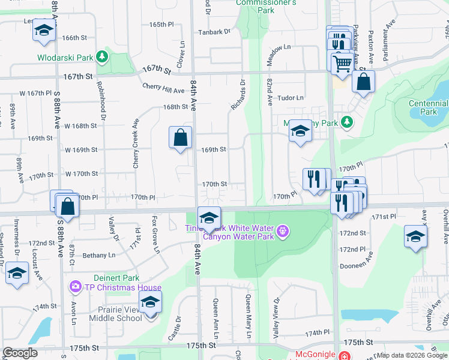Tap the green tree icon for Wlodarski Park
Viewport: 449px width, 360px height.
pyautogui.click(x=102, y=57)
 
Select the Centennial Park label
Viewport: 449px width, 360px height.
pyautogui.click(x=427, y=107)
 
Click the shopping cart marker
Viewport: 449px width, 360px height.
pyautogui.click(x=342, y=62)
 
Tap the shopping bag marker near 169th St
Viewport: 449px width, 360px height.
pyautogui.click(x=180, y=138)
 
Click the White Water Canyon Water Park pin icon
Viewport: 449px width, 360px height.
pyautogui.click(x=282, y=230)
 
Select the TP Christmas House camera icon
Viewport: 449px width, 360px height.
pyautogui.click(x=76, y=286)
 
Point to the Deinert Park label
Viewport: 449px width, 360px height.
pyautogui.click(x=116, y=278)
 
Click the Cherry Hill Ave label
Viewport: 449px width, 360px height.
pyautogui.click(x=163, y=88)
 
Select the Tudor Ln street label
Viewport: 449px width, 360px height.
pyautogui.click(x=292, y=98)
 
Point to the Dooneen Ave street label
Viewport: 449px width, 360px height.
pyautogui.click(x=372, y=263)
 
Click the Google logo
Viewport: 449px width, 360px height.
pyautogui.click(x=20, y=353)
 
